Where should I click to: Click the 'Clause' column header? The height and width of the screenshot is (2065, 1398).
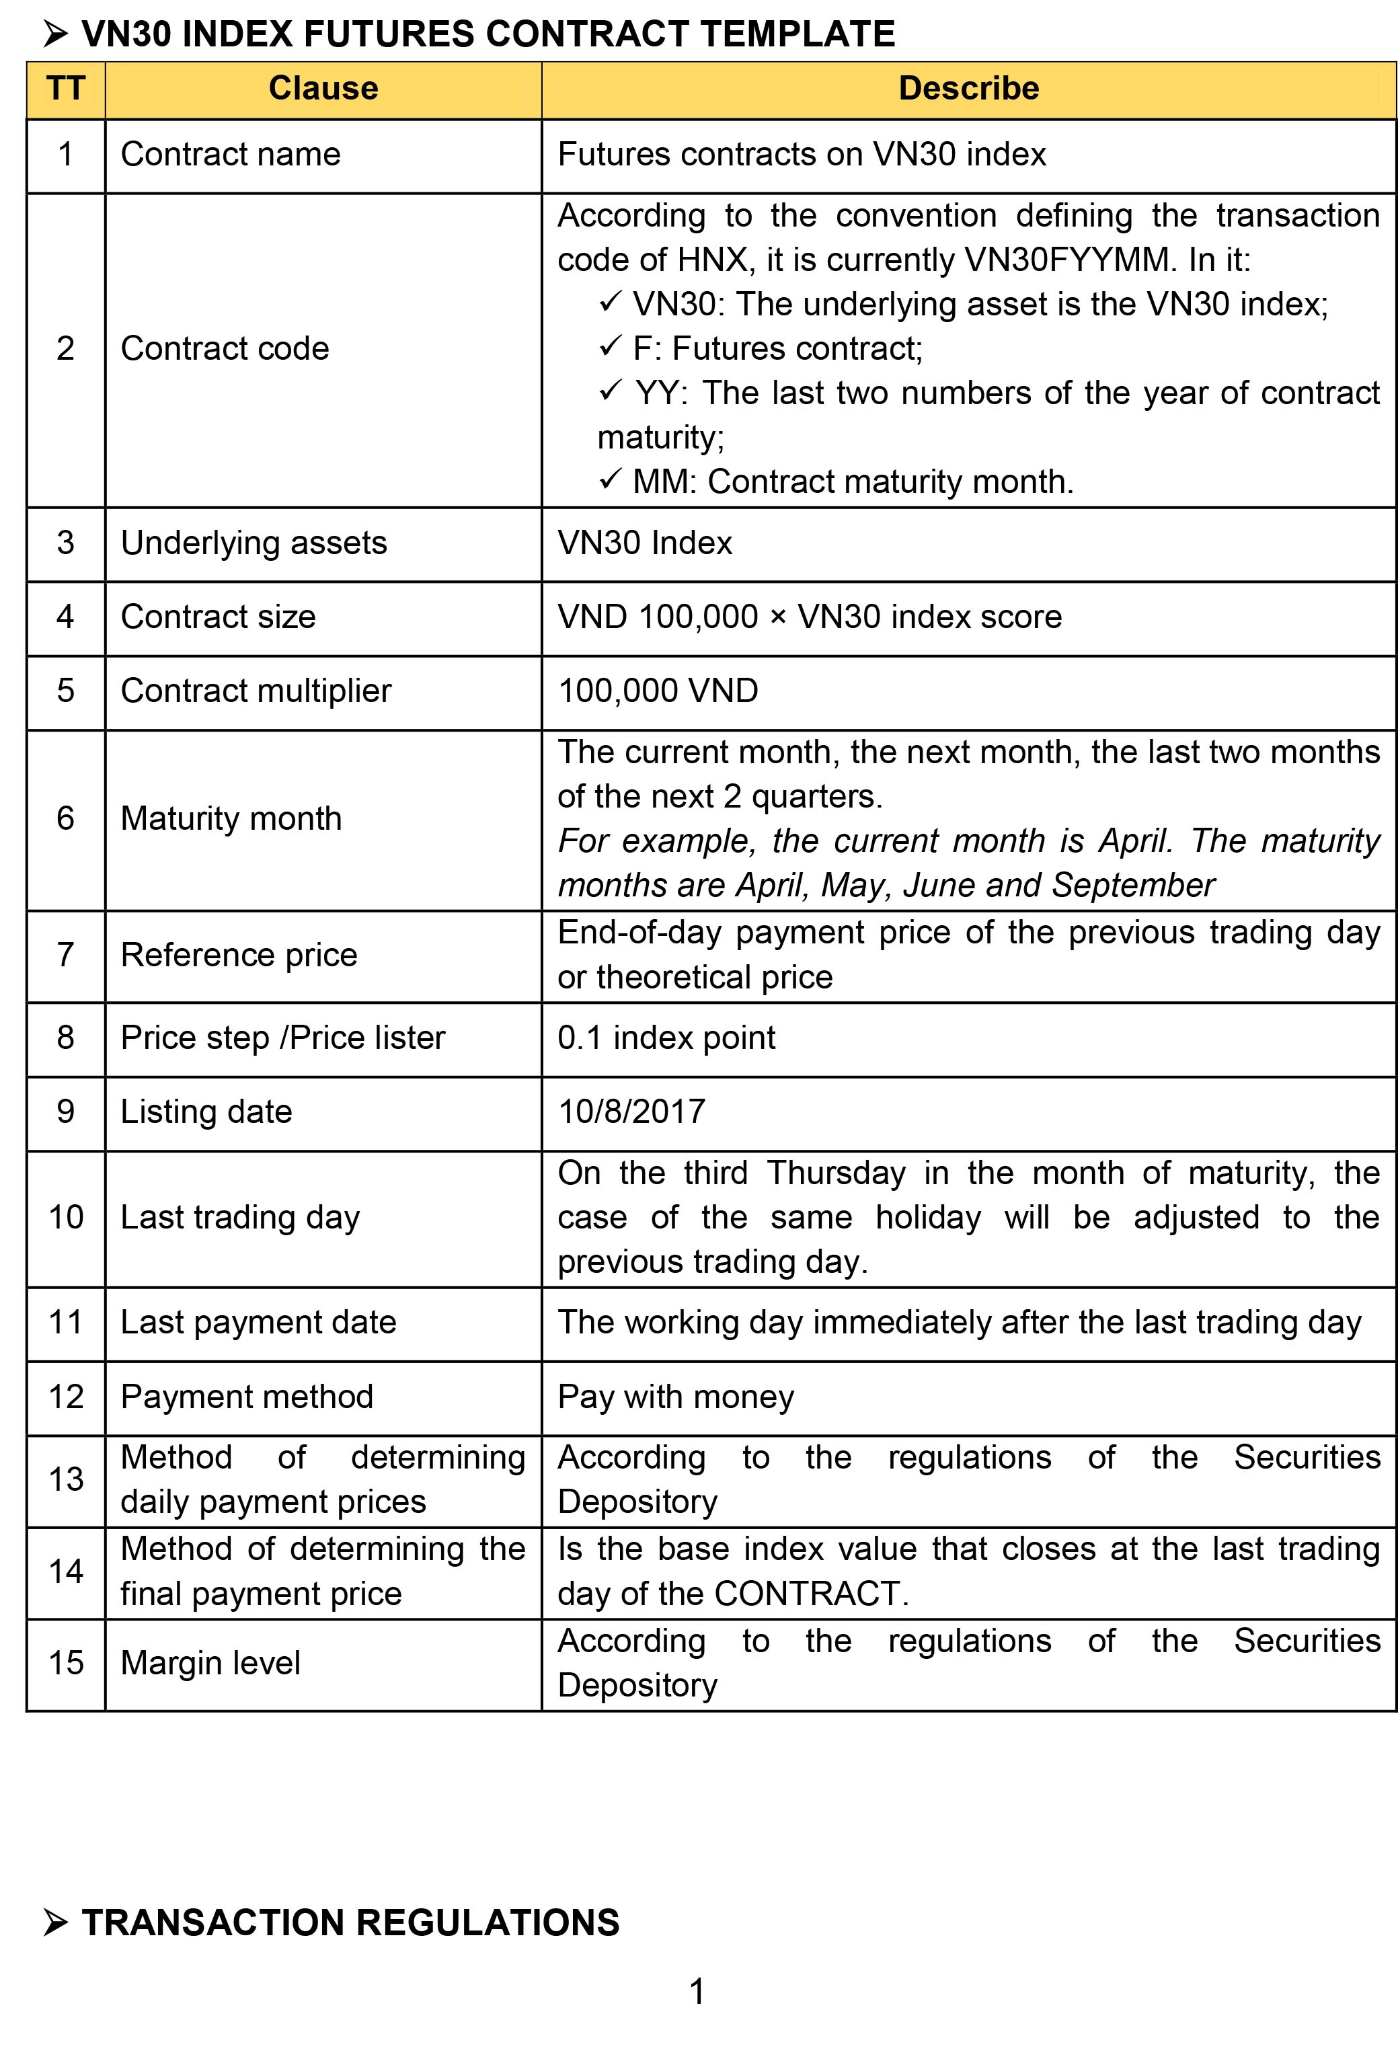point(323,89)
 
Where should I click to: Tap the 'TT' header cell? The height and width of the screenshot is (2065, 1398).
point(66,89)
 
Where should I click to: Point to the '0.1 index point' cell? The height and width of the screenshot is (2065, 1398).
point(666,1038)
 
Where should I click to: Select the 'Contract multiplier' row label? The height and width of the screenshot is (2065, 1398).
point(256,691)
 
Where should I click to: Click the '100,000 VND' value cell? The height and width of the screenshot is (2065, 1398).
point(658,691)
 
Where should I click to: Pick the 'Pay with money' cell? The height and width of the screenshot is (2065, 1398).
point(675,1397)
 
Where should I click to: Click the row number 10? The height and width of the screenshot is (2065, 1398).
point(66,1217)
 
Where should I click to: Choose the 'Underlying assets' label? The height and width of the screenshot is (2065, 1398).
point(254,543)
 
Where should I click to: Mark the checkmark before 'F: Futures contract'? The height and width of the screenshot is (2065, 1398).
point(610,346)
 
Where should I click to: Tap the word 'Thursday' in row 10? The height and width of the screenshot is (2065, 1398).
point(835,1173)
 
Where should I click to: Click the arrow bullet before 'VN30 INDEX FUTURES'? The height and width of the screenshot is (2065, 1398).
point(55,35)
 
